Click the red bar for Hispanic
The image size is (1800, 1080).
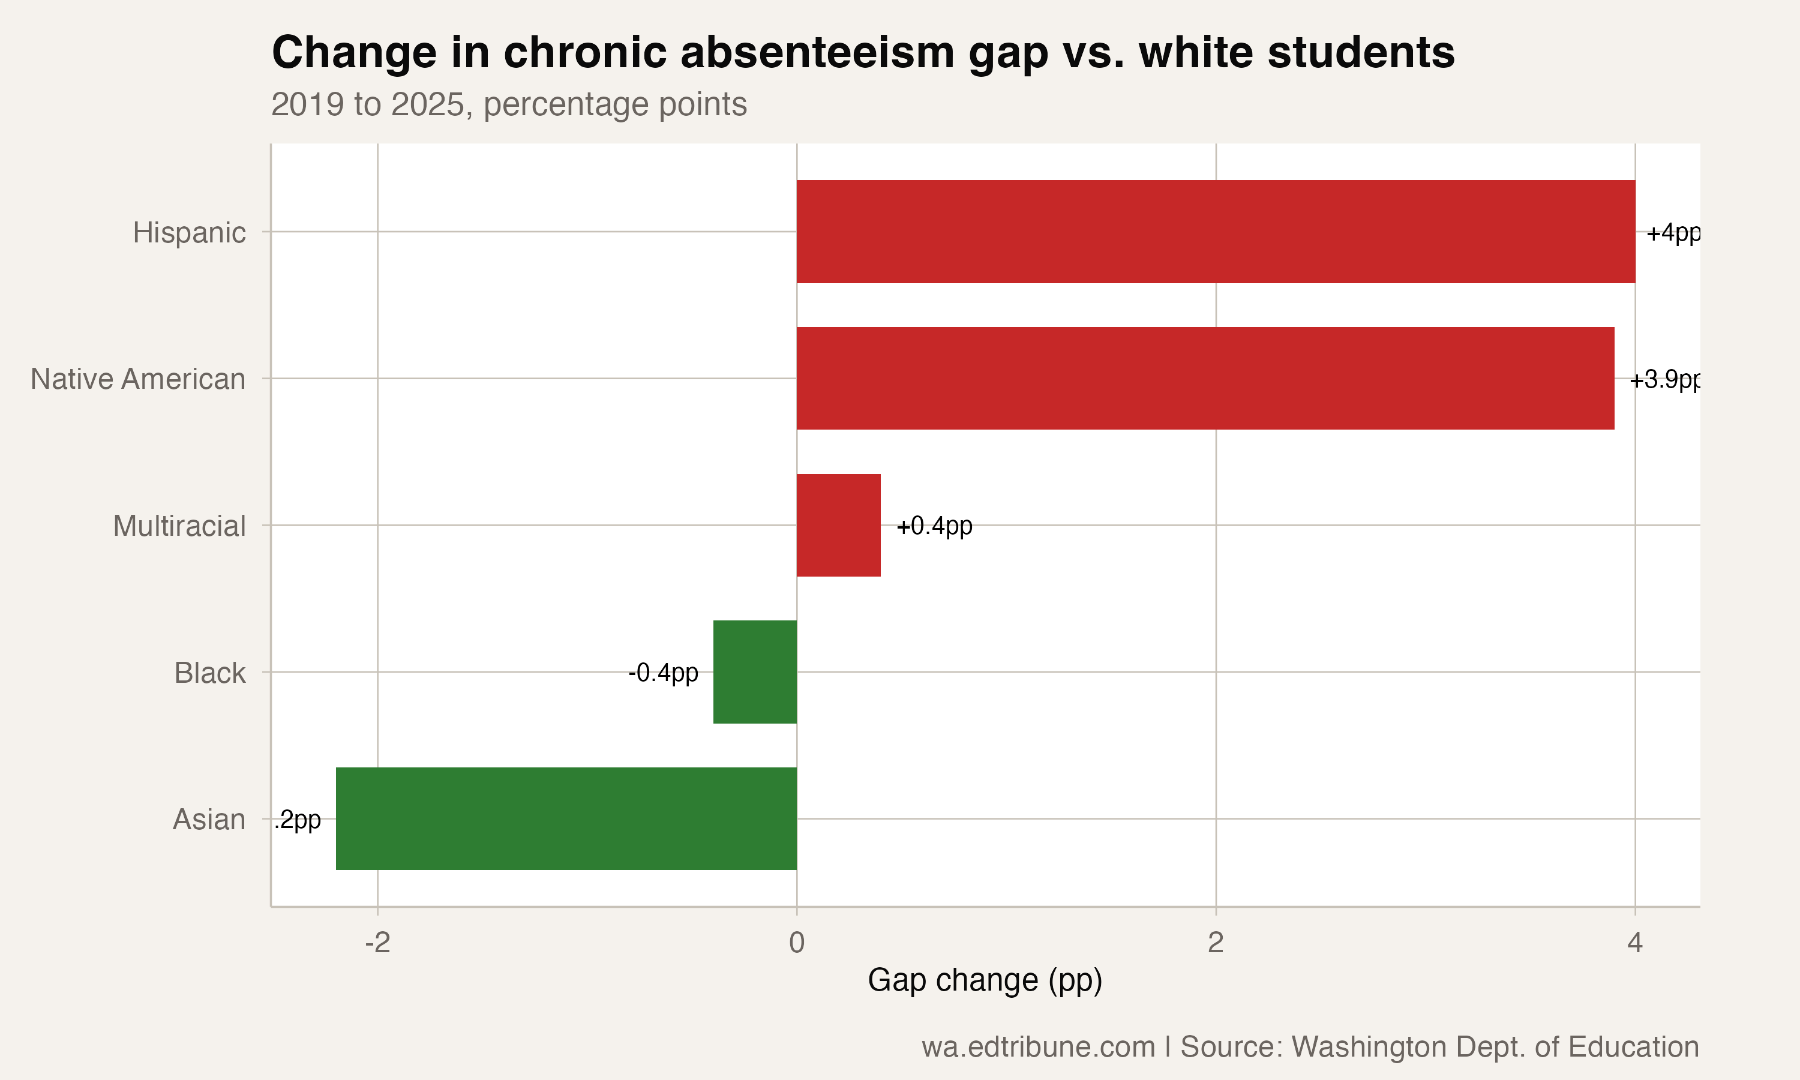tap(1215, 232)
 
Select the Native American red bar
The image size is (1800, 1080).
tap(1205, 379)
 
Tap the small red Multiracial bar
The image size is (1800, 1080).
tap(838, 525)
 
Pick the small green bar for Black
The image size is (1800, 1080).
tap(754, 672)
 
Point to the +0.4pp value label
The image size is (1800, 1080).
tap(934, 526)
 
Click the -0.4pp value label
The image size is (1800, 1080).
tap(663, 673)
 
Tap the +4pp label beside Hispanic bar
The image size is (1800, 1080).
tap(1673, 233)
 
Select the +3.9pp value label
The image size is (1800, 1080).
tap(1664, 380)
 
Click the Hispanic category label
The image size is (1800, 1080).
tap(189, 233)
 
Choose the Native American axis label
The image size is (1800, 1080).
tap(137, 379)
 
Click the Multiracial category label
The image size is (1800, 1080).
tap(179, 526)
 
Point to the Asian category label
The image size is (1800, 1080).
tap(209, 820)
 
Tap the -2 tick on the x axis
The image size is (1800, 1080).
tap(377, 943)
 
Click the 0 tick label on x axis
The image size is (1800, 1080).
tap(797, 943)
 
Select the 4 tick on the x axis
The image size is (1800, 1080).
tap(1635, 943)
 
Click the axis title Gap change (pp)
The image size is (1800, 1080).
tap(985, 980)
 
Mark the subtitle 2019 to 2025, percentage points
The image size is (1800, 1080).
tap(509, 104)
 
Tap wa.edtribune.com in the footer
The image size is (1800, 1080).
tap(1038, 1046)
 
